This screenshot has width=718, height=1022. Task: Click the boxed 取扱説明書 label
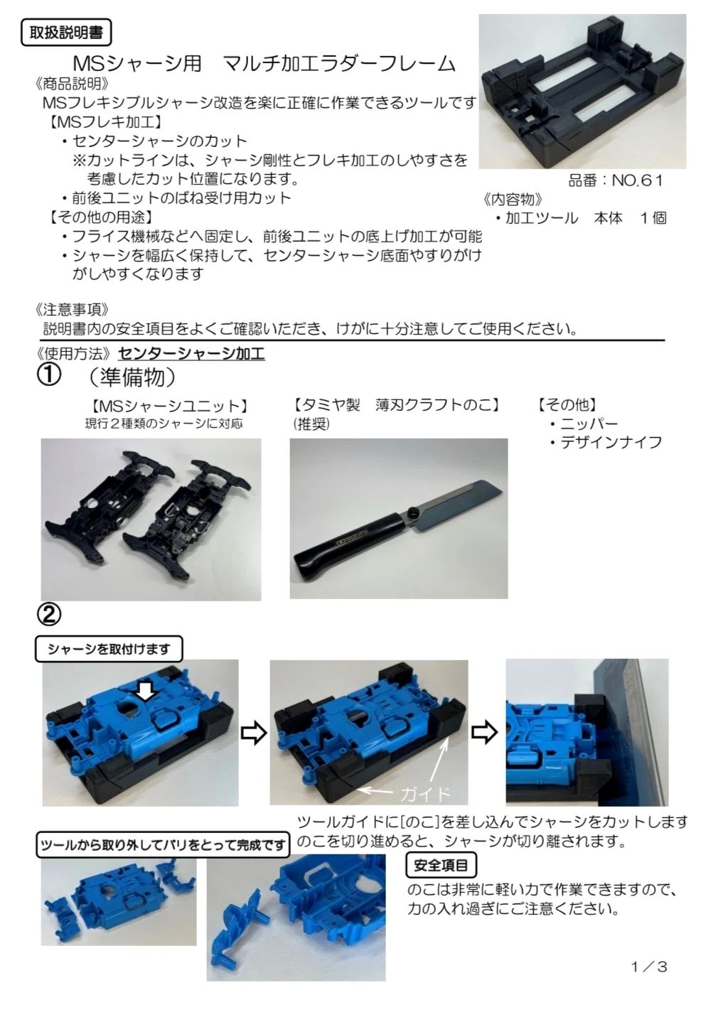click(x=66, y=33)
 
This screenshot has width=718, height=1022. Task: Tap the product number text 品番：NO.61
click(x=616, y=181)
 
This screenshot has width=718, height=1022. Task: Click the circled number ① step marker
click(x=48, y=377)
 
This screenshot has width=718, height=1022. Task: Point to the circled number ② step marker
click(x=48, y=615)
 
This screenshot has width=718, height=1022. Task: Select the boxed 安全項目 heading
click(x=441, y=865)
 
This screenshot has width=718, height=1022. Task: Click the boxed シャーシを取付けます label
click(x=109, y=649)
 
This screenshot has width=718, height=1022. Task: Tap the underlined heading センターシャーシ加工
click(x=191, y=354)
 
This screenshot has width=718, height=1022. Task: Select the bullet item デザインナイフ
click(x=606, y=442)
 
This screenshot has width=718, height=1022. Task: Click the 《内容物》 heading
click(x=513, y=200)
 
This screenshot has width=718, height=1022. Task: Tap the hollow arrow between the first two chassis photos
click(x=253, y=733)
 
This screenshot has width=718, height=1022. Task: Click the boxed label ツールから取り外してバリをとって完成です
click(x=163, y=846)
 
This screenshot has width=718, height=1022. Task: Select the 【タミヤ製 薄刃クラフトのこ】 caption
click(x=396, y=404)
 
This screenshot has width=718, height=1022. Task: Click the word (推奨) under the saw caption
click(x=311, y=424)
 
